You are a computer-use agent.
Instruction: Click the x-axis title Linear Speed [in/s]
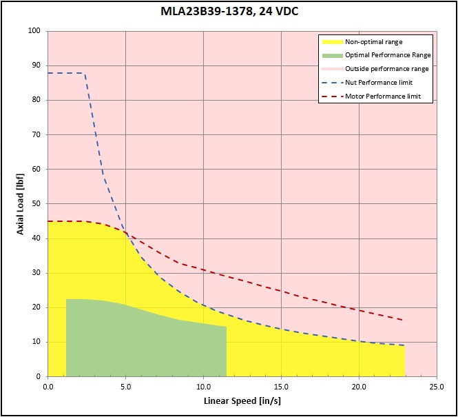(242, 400)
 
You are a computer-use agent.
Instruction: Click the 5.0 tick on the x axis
(125, 386)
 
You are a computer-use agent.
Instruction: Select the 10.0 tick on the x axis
(203, 386)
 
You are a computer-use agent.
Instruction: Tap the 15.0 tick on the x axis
(281, 386)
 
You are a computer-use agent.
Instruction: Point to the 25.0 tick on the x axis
(437, 386)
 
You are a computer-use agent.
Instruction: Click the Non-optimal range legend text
(373, 42)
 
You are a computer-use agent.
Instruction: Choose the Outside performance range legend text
(386, 69)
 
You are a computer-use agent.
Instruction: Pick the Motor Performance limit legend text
(383, 96)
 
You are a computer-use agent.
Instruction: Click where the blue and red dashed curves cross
(125, 232)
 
